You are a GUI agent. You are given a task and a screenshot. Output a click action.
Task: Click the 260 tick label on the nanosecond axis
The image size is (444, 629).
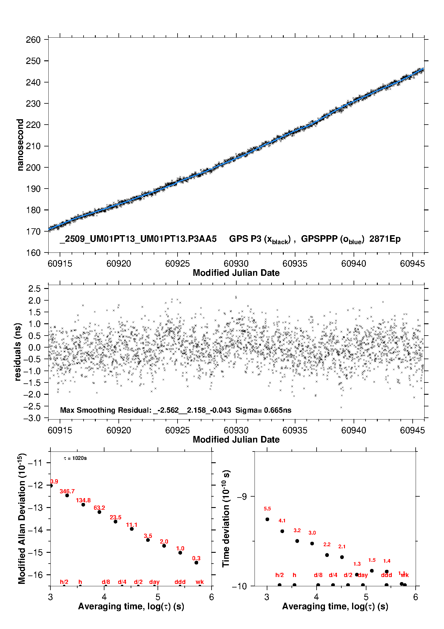pyautogui.click(x=33, y=40)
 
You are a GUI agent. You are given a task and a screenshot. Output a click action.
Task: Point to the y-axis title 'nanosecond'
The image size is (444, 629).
pyautogui.click(x=20, y=145)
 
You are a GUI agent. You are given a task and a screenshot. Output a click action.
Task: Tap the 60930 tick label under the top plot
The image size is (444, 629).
pyautogui.click(x=236, y=264)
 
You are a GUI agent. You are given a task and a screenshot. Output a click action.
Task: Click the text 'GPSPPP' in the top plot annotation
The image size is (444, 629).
pyautogui.click(x=319, y=239)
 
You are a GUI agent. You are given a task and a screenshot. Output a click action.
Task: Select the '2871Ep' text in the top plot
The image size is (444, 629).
pyautogui.click(x=385, y=239)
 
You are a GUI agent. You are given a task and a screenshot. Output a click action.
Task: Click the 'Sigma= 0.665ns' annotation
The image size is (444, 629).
pyautogui.click(x=263, y=410)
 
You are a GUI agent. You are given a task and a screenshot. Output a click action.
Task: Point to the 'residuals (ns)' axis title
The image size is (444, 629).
pyautogui.click(x=18, y=352)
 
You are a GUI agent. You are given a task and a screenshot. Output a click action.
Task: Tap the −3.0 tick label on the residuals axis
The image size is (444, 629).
pyautogui.click(x=32, y=418)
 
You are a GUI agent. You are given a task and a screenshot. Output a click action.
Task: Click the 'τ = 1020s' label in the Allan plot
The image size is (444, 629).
pyautogui.click(x=75, y=458)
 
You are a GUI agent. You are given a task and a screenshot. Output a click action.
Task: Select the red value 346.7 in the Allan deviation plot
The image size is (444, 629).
pyautogui.click(x=67, y=491)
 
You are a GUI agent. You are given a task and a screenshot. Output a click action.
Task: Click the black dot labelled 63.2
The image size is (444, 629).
pyautogui.click(x=99, y=512)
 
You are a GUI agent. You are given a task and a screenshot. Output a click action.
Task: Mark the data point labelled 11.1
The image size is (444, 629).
pyautogui.click(x=132, y=529)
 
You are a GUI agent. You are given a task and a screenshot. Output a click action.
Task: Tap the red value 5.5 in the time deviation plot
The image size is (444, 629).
pyautogui.click(x=267, y=509)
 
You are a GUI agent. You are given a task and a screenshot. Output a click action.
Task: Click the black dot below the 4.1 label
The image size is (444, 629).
pyautogui.click(x=282, y=531)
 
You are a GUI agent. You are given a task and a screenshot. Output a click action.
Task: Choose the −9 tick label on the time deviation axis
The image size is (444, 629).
pyautogui.click(x=242, y=496)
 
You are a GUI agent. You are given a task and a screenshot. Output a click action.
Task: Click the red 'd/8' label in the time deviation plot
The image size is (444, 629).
pyautogui.click(x=318, y=575)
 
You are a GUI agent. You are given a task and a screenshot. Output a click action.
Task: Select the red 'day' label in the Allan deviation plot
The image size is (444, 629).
pyautogui.click(x=154, y=582)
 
